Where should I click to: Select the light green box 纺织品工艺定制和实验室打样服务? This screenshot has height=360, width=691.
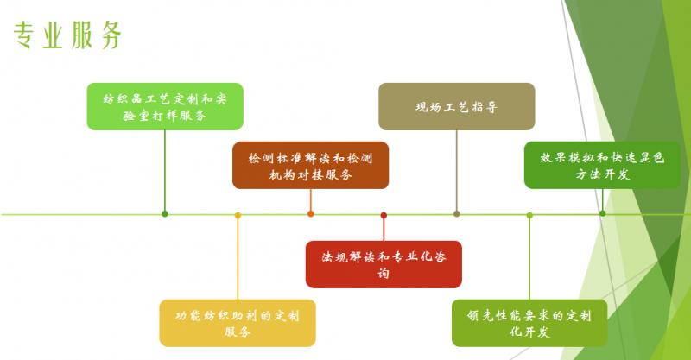pyautogui.click(x=165, y=106)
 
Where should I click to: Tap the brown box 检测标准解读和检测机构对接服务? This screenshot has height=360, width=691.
pyautogui.click(x=310, y=165)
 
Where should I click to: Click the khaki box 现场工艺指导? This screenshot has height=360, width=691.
pyautogui.click(x=456, y=107)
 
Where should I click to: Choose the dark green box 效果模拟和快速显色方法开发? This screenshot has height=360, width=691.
pyautogui.click(x=602, y=165)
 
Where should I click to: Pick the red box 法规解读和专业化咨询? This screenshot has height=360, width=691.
pyautogui.click(x=384, y=264)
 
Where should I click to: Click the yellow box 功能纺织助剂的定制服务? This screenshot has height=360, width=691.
pyautogui.click(x=238, y=323)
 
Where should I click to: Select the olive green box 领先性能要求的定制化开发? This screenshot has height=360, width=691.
pyautogui.click(x=529, y=323)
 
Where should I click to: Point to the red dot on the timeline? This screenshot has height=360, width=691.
pyautogui.click(x=384, y=214)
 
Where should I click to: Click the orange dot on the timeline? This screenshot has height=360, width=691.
pyautogui.click(x=311, y=214)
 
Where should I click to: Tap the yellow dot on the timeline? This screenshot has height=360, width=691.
pyautogui.click(x=238, y=214)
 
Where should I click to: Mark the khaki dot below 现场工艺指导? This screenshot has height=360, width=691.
pyautogui.click(x=456, y=214)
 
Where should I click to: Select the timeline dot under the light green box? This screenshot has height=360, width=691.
pyautogui.click(x=165, y=214)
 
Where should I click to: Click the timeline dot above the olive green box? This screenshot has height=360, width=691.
pyautogui.click(x=529, y=214)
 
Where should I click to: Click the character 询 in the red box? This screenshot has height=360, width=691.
pyautogui.click(x=384, y=274)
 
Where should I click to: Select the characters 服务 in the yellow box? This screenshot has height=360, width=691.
pyautogui.click(x=238, y=332)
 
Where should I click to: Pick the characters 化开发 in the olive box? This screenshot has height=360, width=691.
pyautogui.click(x=529, y=332)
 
